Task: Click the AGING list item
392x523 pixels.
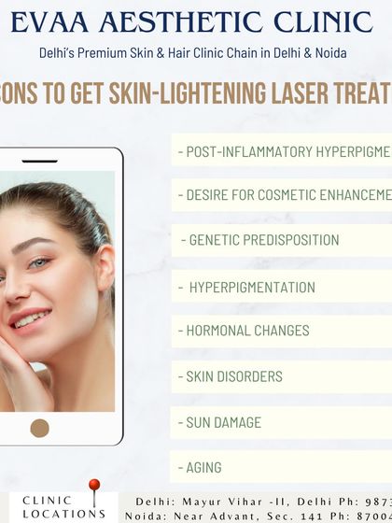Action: click(200, 467)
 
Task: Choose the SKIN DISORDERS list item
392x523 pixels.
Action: click(230, 376)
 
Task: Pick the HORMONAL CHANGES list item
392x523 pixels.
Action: click(243, 331)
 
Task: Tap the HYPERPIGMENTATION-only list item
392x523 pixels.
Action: click(252, 287)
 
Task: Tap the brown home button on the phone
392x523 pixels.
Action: click(39, 428)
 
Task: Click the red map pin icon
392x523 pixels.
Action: click(93, 488)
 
